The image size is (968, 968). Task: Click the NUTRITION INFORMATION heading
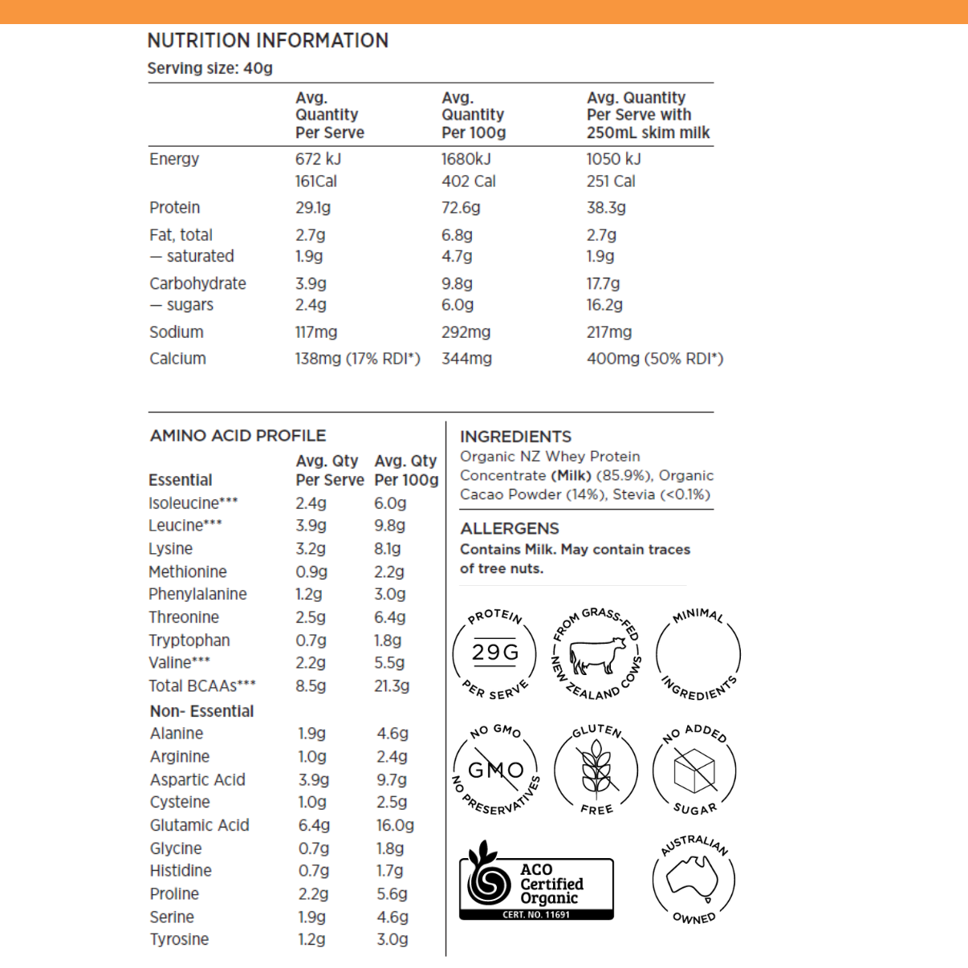[267, 40]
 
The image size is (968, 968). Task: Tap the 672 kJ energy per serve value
[318, 159]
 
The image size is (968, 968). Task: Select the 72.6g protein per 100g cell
[461, 208]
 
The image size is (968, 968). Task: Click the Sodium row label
[176, 332]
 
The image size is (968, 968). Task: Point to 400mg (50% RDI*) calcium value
[654, 359]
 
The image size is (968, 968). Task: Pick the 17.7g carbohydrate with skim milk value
[603, 283]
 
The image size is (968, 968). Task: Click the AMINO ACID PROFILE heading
[238, 436]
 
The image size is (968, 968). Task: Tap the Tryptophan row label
[189, 641]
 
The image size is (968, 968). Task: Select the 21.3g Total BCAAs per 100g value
[392, 686]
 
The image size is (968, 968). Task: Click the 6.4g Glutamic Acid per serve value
[314, 825]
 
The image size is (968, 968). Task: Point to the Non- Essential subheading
[201, 711]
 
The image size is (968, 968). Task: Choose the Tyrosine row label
[179, 939]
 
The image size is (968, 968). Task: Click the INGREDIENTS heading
[515, 437]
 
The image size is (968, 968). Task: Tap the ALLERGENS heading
[510, 529]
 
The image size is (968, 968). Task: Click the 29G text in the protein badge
[495, 652]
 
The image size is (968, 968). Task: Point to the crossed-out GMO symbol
[495, 770]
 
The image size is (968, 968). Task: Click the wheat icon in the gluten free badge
[596, 768]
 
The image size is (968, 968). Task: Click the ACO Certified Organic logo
[536, 883]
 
